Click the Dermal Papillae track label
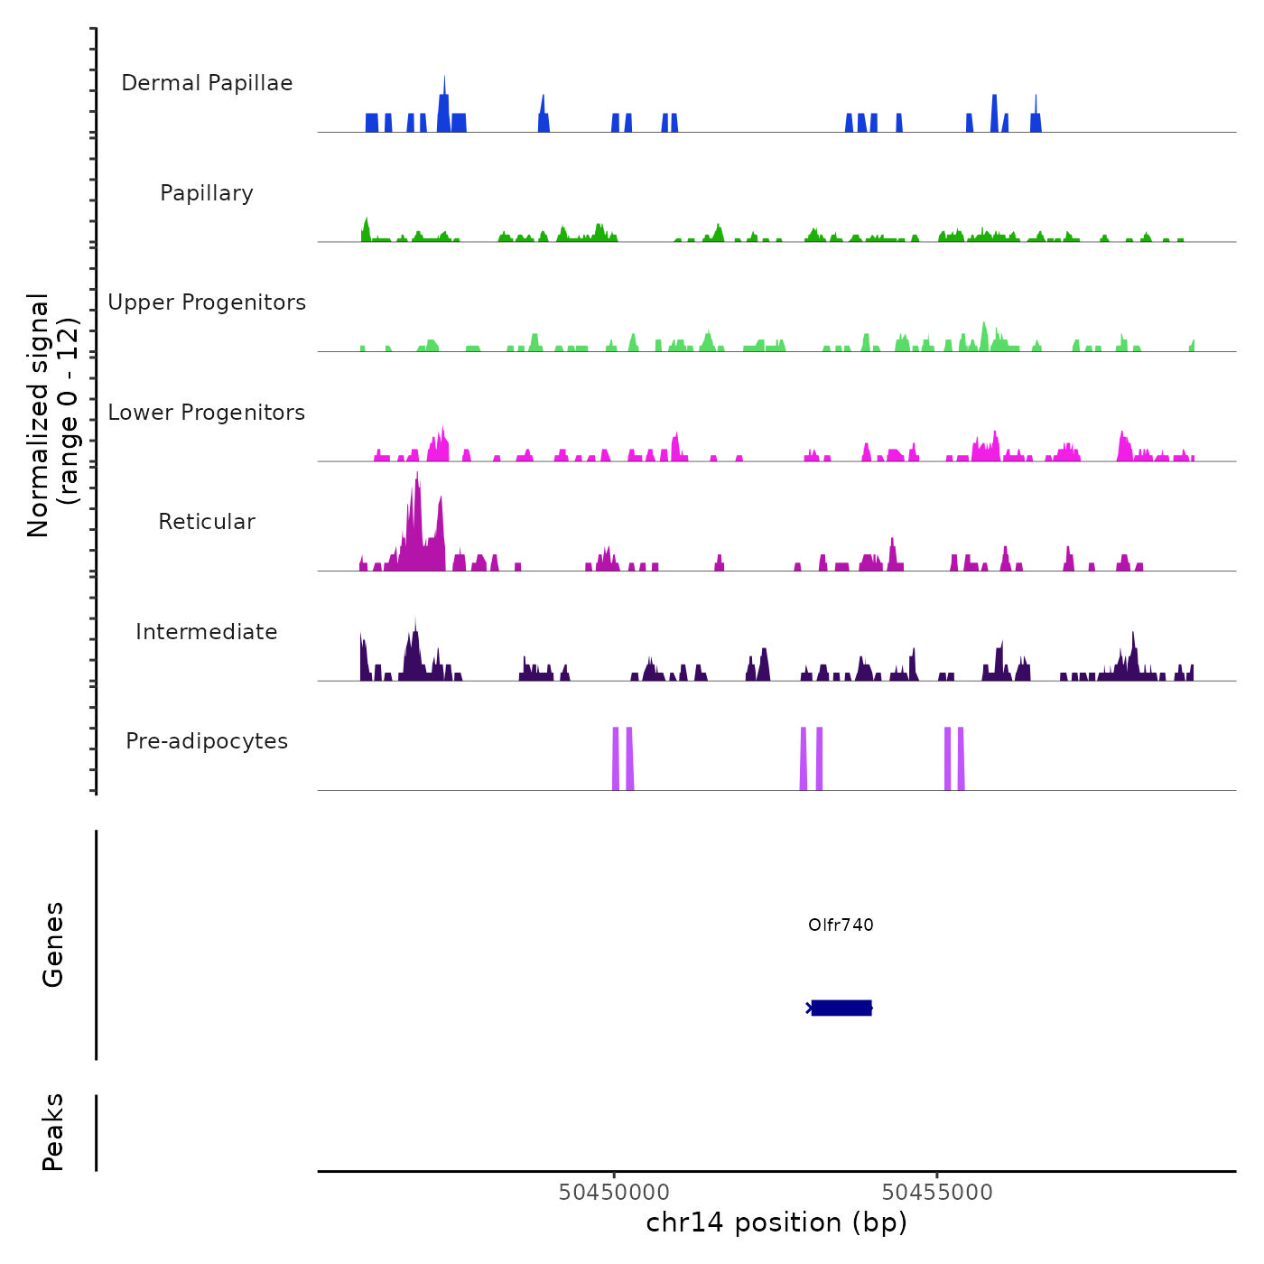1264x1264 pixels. point(207,83)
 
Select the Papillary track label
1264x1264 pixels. point(207,193)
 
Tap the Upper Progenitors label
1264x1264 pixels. point(207,302)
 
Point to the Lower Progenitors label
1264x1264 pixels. point(207,413)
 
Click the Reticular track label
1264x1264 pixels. point(207,522)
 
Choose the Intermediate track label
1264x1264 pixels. point(207,632)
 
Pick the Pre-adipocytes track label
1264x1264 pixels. point(207,741)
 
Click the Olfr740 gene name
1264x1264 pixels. point(841,925)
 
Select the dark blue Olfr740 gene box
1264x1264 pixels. point(841,1008)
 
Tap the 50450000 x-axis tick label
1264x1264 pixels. point(614,1192)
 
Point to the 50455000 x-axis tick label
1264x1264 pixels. point(937,1192)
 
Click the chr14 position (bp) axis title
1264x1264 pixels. point(776,1222)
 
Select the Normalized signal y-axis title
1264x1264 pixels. point(52,415)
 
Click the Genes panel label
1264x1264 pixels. point(53,944)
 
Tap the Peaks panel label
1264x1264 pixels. point(53,1132)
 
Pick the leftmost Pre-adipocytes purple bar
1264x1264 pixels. point(616,758)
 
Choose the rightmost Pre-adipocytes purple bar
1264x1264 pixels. point(962,758)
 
